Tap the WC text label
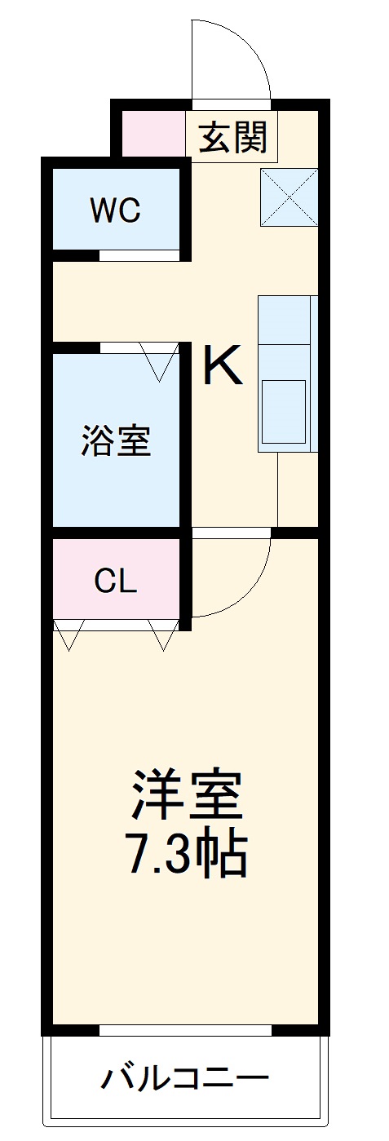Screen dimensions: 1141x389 (115, 210)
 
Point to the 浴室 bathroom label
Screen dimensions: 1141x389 (116, 440)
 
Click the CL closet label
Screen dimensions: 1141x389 (115, 582)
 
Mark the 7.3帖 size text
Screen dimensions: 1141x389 (187, 853)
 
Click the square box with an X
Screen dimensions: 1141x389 (289, 197)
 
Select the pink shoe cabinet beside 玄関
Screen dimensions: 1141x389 (153, 134)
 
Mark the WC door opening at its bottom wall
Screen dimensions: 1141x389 (139, 255)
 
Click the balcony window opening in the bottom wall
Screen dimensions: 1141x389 (185, 1030)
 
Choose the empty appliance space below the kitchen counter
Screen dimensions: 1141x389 (297, 489)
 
